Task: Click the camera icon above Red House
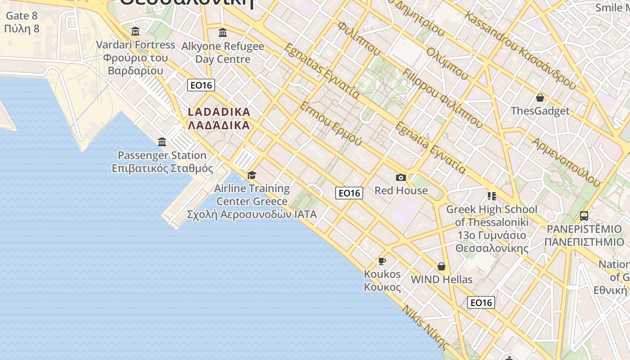pos(400,178)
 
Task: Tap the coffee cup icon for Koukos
pos(382,261)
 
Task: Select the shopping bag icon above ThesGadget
pos(540,98)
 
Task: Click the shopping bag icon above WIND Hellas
pos(441,266)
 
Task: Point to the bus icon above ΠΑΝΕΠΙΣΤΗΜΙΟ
pos(584,216)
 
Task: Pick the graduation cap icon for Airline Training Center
pos(252,175)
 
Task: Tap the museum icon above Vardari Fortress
pos(135,31)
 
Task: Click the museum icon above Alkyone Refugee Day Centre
pos(223,33)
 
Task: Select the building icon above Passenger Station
pos(162,142)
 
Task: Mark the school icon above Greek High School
pos(492,196)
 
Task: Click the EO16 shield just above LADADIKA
pos(201,85)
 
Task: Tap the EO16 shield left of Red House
pos(349,193)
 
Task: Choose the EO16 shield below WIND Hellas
pos(481,302)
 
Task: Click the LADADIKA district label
pos(219,118)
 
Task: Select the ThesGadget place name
pos(540,111)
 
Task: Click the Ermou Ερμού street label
pos(331,123)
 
